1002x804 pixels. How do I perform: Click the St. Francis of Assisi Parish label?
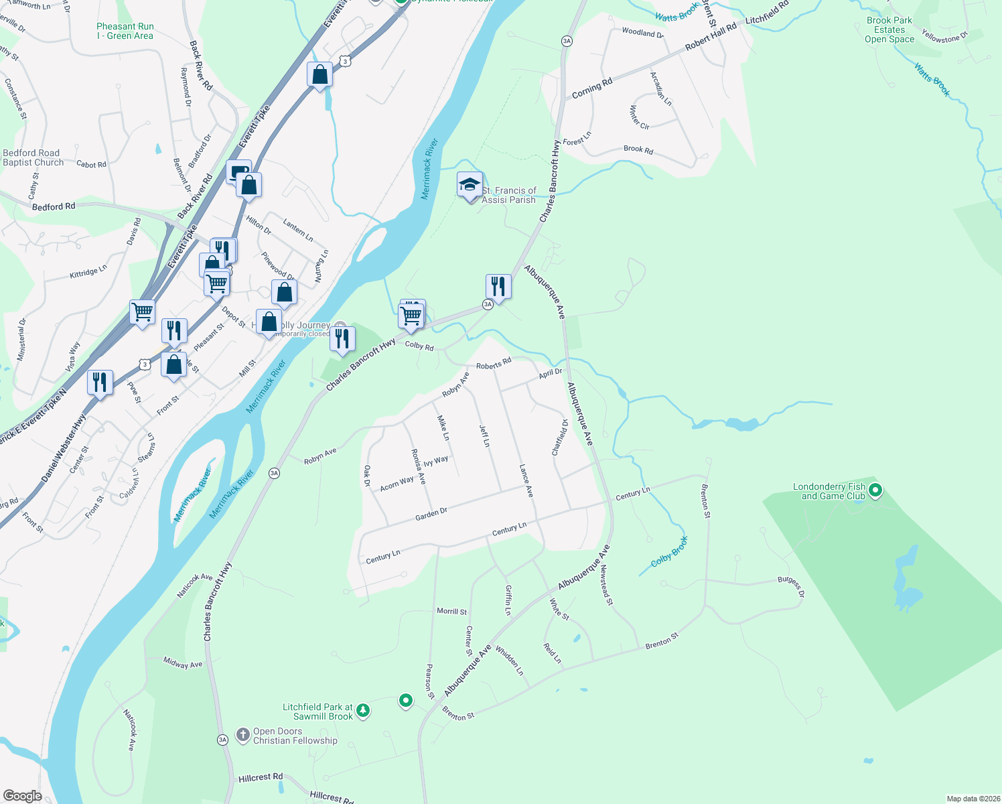click(509, 195)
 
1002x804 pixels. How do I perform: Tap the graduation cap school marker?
click(470, 184)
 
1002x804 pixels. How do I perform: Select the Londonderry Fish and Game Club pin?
click(874, 491)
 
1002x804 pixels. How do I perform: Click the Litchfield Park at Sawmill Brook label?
click(317, 712)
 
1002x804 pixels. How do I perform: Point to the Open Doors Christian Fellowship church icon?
click(243, 735)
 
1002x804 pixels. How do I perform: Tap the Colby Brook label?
click(670, 552)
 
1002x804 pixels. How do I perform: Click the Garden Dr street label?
click(431, 514)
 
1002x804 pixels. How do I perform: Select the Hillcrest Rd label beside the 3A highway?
click(261, 778)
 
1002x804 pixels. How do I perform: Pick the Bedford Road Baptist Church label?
click(33, 158)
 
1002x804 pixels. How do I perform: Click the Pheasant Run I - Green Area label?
click(125, 31)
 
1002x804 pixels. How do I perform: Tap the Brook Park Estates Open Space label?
click(889, 30)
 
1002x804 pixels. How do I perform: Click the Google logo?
click(22, 796)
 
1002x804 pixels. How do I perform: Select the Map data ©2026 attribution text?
click(971, 799)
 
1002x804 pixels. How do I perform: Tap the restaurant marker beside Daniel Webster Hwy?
click(99, 383)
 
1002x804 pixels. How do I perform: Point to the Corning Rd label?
click(592, 88)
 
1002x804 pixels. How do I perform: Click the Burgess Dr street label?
click(791, 587)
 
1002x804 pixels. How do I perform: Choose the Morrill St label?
click(452, 611)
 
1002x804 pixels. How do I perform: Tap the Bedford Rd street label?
click(54, 207)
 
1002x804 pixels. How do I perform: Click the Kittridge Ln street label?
click(88, 273)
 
